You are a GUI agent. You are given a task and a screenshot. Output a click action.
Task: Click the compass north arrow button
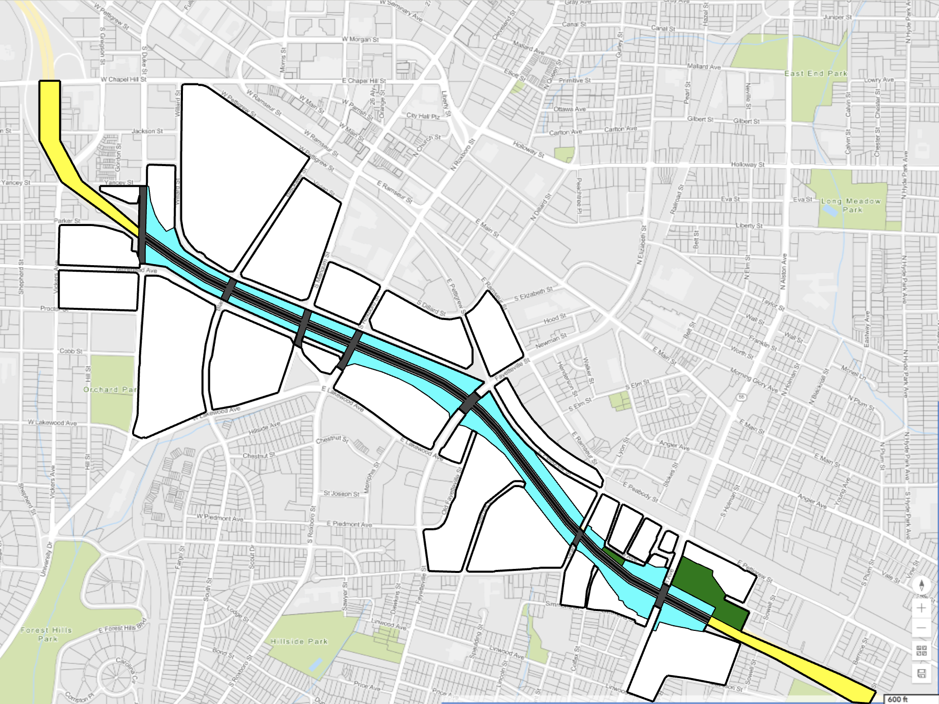pyautogui.click(x=922, y=585)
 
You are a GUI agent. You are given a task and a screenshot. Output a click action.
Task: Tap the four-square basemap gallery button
pyautogui.click(x=922, y=650)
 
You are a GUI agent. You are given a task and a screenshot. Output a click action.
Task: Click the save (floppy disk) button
pyautogui.click(x=922, y=674)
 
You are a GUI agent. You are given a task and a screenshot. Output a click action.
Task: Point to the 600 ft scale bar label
pyautogui.click(x=897, y=699)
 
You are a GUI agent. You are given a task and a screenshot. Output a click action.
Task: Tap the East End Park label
pyautogui.click(x=816, y=74)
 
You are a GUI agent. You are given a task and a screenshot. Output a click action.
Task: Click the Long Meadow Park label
pyautogui.click(x=851, y=205)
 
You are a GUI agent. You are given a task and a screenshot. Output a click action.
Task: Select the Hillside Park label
pyautogui.click(x=299, y=642)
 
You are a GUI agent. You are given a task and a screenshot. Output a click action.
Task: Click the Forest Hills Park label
pyautogui.click(x=47, y=634)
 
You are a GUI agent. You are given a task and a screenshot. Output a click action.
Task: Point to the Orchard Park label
pyautogui.click(x=110, y=390)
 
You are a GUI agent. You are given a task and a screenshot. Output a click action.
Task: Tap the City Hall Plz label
pyautogui.click(x=423, y=116)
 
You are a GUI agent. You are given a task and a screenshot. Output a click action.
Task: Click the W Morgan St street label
pyautogui.click(x=360, y=40)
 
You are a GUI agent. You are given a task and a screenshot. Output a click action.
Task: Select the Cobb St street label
pyautogui.click(x=71, y=351)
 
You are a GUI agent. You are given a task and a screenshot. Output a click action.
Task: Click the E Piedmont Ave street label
pyautogui.click(x=349, y=524)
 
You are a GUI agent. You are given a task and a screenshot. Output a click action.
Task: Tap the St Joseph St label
pyautogui.click(x=341, y=493)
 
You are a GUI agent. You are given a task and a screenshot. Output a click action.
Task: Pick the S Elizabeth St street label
pyautogui.click(x=533, y=294)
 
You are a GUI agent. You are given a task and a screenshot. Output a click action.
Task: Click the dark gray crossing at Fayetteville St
pyautogui.click(x=468, y=403)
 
